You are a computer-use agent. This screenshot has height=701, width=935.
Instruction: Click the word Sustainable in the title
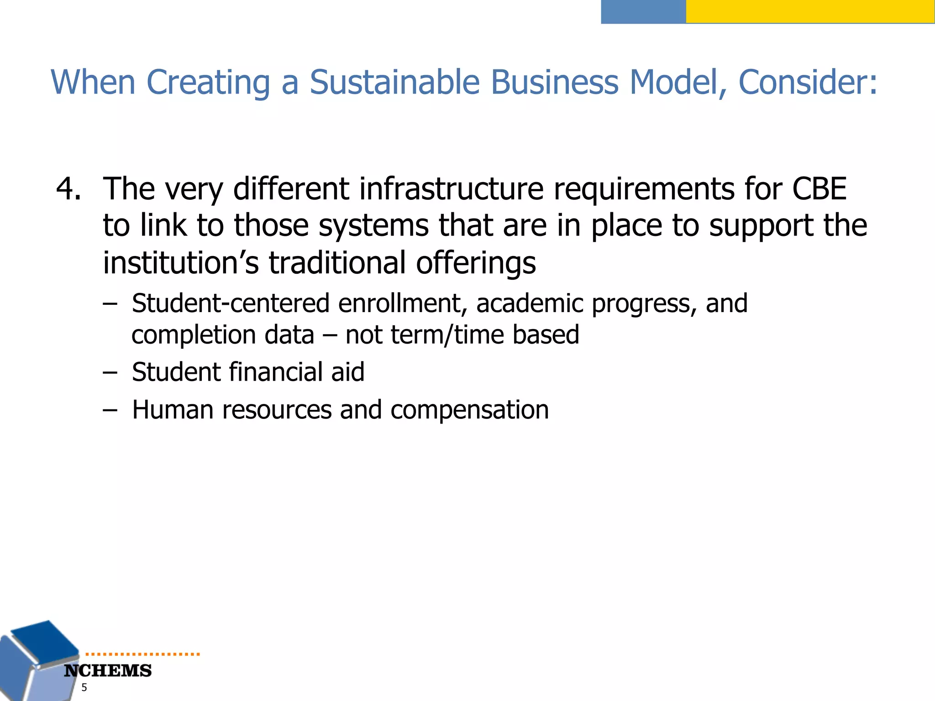(394, 83)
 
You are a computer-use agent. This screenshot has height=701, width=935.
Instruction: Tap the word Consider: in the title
(808, 83)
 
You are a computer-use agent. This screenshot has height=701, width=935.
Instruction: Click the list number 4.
(68, 188)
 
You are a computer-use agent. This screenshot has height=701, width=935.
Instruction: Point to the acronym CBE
(819, 188)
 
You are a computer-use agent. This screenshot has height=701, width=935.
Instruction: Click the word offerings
(476, 263)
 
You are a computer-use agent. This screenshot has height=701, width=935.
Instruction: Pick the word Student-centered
(231, 303)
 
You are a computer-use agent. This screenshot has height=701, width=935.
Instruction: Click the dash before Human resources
(110, 410)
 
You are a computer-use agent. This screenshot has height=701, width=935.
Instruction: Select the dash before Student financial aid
(110, 372)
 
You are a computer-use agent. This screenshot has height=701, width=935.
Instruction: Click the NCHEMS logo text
(108, 671)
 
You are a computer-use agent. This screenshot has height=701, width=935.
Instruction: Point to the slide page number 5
(84, 688)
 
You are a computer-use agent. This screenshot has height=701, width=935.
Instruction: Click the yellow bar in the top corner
(810, 11)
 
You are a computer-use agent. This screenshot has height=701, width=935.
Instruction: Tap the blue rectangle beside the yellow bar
(643, 11)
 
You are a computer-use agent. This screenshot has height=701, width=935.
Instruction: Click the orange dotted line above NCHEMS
(142, 654)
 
